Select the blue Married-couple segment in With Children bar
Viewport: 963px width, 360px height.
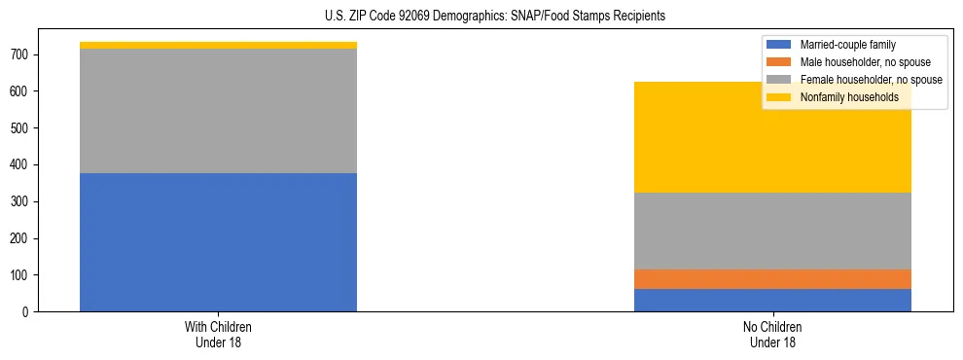tap(218, 242)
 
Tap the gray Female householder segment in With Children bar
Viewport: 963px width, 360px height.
tap(218, 111)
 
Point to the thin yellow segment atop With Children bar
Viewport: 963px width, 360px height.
tap(218, 45)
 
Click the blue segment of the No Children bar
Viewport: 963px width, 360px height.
tap(772, 300)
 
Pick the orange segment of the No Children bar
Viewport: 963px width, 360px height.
tap(772, 278)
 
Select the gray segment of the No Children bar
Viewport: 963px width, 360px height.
tap(772, 231)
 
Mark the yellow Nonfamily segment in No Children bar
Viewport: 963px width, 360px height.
tap(772, 146)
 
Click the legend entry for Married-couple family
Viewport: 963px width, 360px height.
tap(847, 45)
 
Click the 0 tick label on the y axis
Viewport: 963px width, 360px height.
tap(26, 312)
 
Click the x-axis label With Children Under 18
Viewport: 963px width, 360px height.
tap(218, 334)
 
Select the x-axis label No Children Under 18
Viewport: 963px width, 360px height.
tap(772, 334)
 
